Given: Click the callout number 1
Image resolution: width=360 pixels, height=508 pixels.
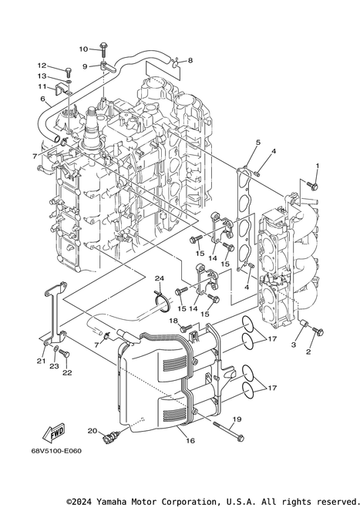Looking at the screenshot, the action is [x=318, y=166].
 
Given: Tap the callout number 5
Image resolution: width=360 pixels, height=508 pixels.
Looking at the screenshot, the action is [x=258, y=143].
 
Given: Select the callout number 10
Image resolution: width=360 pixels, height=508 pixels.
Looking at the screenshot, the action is [x=83, y=49].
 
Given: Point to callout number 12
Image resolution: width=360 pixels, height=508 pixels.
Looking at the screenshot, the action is [x=42, y=66].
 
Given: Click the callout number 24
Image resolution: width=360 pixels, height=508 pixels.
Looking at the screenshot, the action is [x=159, y=278].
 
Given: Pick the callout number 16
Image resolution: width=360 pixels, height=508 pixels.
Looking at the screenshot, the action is [x=190, y=441].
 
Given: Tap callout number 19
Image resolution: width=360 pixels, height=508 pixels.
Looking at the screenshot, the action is [x=237, y=419].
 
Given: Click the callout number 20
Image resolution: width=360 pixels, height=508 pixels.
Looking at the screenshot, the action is [x=93, y=431].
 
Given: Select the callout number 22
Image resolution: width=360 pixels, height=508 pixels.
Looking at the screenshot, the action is [x=67, y=372].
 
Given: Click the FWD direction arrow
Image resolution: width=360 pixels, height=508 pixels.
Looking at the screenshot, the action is [x=55, y=432].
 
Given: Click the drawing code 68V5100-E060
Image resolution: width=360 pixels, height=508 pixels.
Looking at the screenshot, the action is [x=57, y=451].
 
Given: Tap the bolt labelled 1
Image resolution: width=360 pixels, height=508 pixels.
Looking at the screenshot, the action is [x=312, y=186].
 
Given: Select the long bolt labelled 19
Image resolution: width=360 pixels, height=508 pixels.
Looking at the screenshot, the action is [x=228, y=431].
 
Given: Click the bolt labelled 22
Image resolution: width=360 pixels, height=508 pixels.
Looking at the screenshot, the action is [x=64, y=354].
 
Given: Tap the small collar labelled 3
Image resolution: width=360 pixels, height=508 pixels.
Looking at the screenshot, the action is [x=303, y=323].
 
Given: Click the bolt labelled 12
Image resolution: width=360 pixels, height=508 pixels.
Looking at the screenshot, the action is [x=69, y=72].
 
